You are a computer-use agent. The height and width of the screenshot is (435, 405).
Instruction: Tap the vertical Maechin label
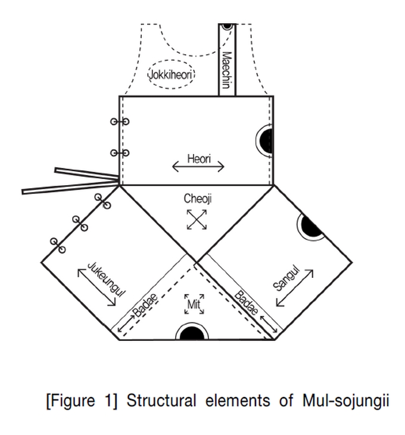pos(226,70)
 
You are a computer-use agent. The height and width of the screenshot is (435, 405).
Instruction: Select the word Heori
pos(199,159)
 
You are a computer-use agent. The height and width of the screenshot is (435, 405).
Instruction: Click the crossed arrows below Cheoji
pos(197,219)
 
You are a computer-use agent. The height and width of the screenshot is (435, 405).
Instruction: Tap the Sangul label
pos(285,278)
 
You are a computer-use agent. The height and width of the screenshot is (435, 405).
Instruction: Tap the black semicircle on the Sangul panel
pos(311,226)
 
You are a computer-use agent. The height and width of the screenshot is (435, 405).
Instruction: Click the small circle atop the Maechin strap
pos(226,26)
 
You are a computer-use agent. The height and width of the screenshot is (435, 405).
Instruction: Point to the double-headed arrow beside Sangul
pos(295,288)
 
